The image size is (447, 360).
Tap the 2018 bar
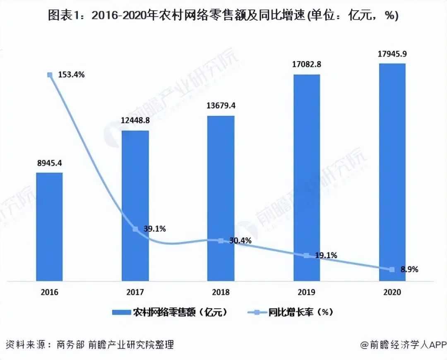[x=221, y=198]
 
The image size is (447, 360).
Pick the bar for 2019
[x=307, y=178]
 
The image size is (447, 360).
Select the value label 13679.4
[x=221, y=106]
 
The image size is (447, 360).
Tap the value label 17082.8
[x=307, y=65]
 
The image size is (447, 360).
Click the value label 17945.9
[x=392, y=54]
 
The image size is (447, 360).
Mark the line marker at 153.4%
[x=50, y=75]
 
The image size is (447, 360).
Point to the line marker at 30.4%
[x=221, y=240]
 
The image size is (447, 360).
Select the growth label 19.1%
[x=325, y=255]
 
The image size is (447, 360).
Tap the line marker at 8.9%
[x=392, y=269]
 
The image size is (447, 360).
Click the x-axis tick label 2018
[x=221, y=292]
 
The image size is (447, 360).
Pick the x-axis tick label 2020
[x=392, y=292]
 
